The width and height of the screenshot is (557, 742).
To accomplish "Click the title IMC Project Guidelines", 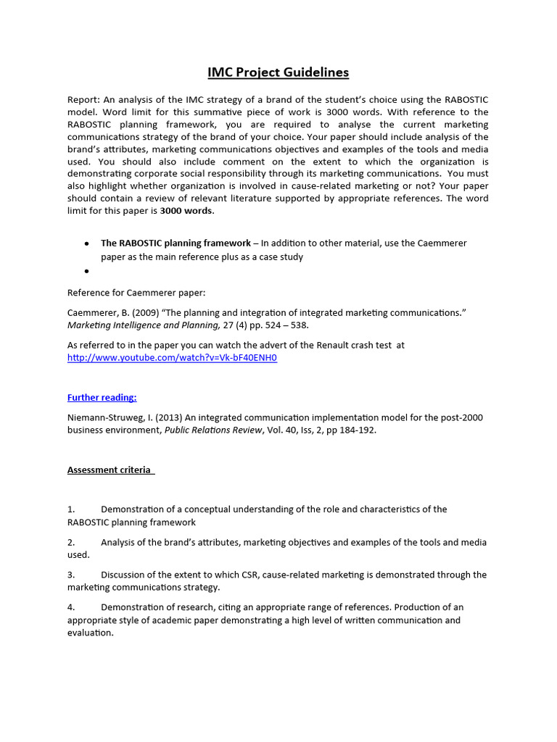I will tap(278, 72).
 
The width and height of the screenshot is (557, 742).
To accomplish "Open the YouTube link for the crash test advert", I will tap(172, 358).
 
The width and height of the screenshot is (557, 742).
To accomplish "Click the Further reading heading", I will tap(102, 397).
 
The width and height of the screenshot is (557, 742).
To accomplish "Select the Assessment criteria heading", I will tap(110, 470).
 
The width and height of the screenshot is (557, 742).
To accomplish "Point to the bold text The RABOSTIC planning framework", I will tap(175, 243).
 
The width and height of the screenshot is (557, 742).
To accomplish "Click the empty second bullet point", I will tap(86, 271).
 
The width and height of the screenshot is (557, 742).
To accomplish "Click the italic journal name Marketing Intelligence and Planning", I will tap(143, 325).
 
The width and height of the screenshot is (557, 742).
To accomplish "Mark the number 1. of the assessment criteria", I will tap(71, 509).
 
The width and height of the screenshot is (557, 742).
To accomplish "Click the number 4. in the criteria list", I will tap(71, 607).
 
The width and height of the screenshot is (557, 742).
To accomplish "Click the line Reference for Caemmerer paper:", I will tap(136, 293).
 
